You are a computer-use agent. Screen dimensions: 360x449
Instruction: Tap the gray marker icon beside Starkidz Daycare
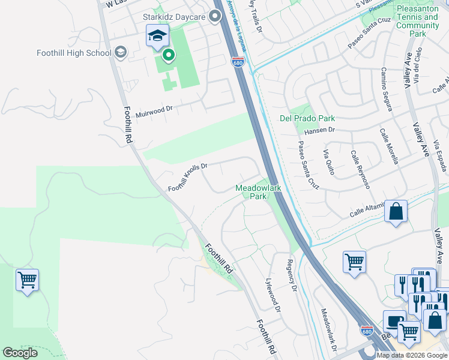pos(215,17)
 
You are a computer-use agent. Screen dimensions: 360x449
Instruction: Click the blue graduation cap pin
pos(157,37)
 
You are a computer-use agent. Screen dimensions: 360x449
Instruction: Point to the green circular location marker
pos(169,56)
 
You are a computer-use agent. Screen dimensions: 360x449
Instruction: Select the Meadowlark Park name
pos(258,192)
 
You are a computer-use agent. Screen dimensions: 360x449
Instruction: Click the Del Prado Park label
pos(307,118)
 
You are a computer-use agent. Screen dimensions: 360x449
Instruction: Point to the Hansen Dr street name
pos(319,129)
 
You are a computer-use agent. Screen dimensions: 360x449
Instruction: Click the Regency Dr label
pos(292,274)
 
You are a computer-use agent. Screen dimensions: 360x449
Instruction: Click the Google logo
pos(20,353)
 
